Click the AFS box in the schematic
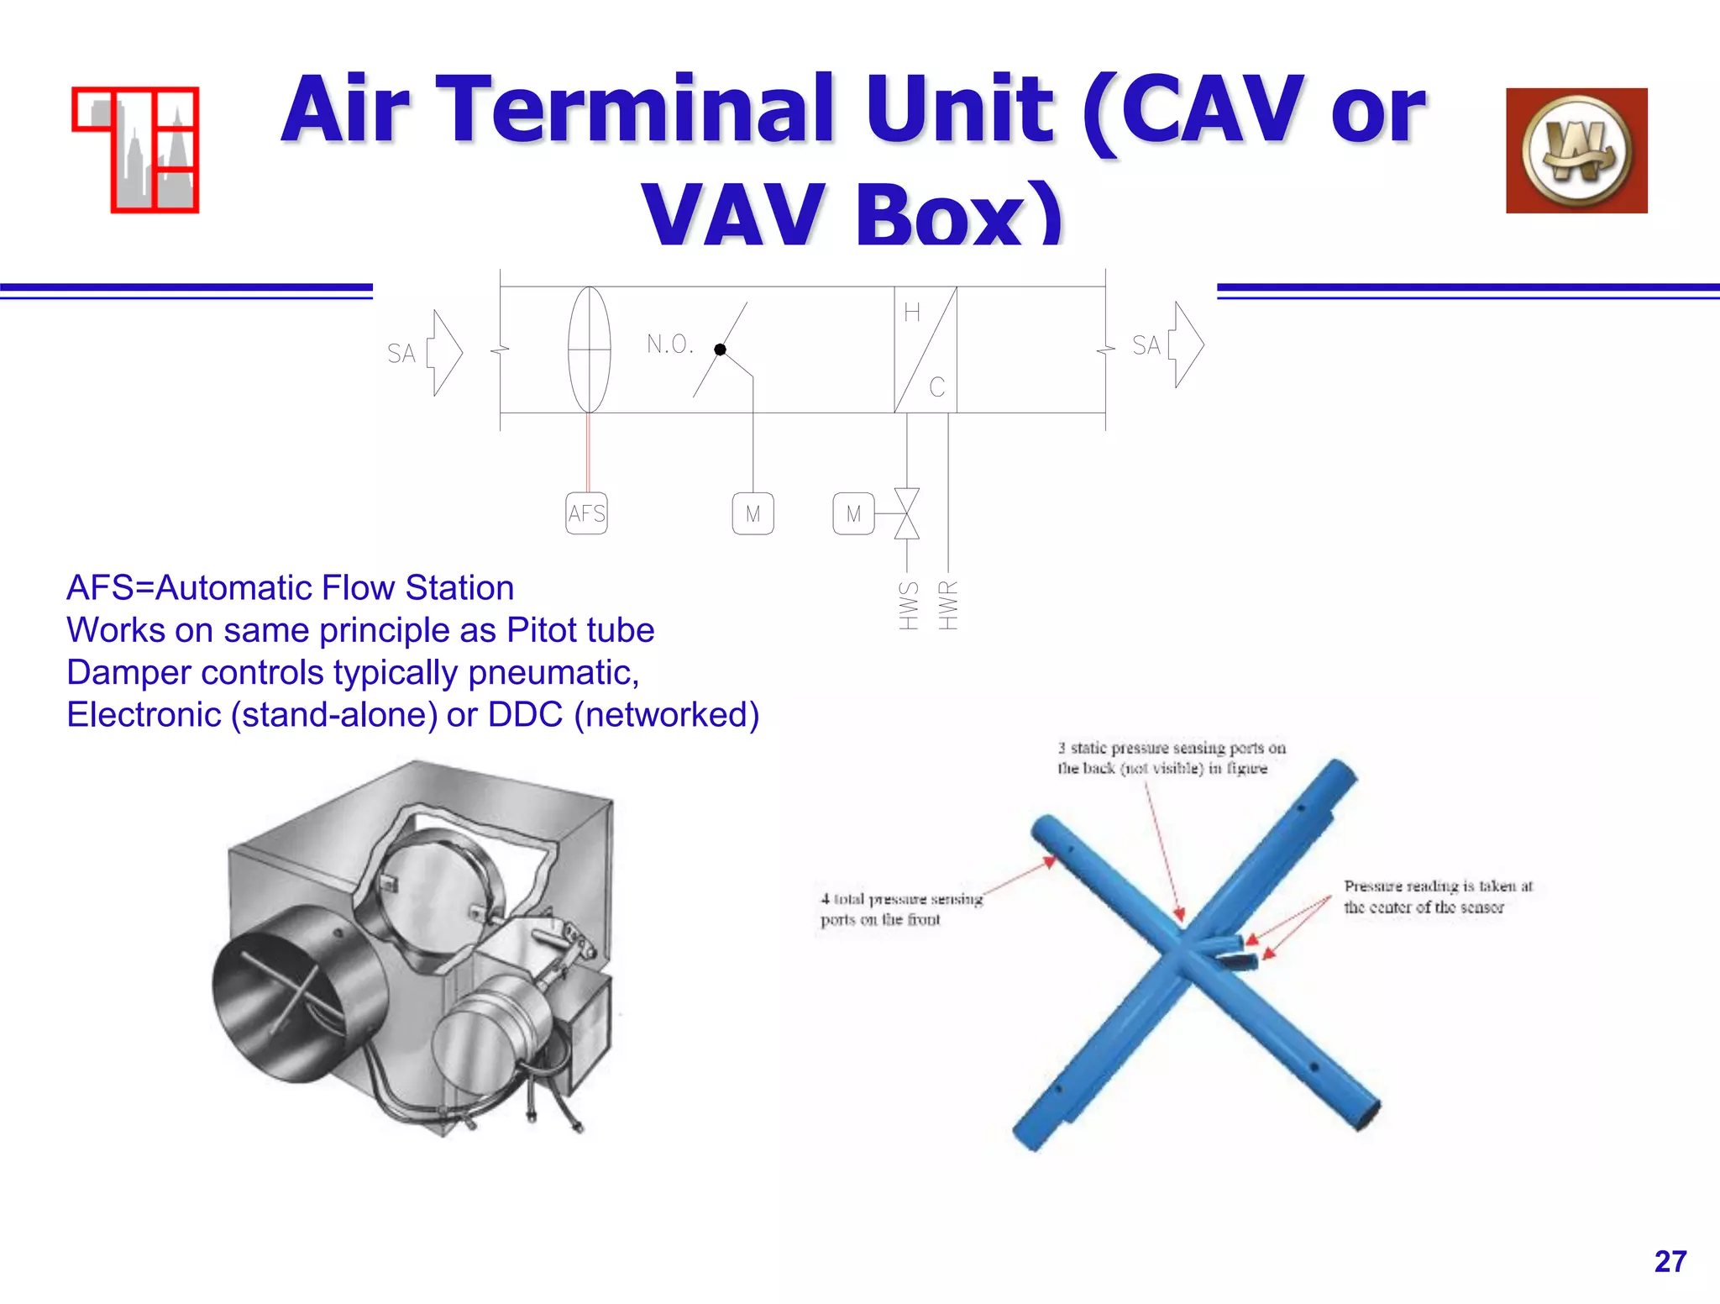[x=586, y=513]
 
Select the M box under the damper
[x=752, y=513]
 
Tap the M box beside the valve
[x=853, y=513]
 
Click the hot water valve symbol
[x=907, y=513]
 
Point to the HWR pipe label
[x=948, y=605]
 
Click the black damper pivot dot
[x=720, y=350]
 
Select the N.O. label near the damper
[x=669, y=344]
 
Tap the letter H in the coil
[x=912, y=313]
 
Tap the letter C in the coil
[x=937, y=387]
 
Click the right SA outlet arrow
[x=1187, y=344]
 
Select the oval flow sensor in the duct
[x=590, y=350]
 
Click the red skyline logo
[x=136, y=150]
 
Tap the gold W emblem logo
[x=1576, y=150]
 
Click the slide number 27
[x=1670, y=1261]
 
